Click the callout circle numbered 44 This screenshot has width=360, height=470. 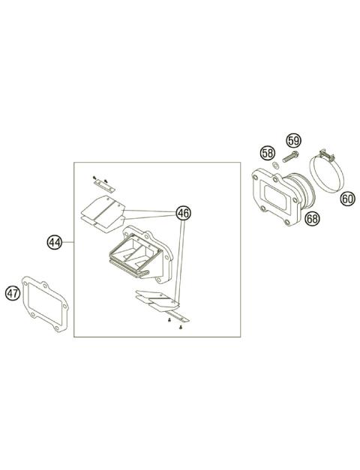[x=54, y=242]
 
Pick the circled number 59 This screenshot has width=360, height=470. [x=293, y=139]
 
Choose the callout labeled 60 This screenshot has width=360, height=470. [x=347, y=199]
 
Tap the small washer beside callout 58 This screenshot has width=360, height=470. [x=275, y=166]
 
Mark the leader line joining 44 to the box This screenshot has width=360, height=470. [x=67, y=242]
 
